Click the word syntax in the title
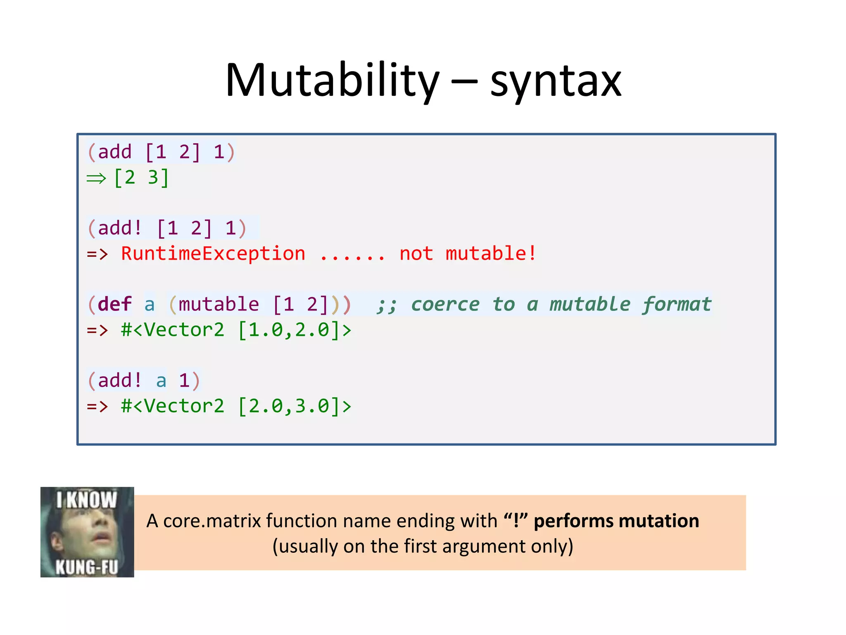coord(556,83)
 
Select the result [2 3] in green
coord(141,178)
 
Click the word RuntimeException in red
coord(213,253)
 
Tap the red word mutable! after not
coord(491,253)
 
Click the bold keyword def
coord(115,304)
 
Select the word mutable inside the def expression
coord(219,304)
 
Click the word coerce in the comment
coord(445,304)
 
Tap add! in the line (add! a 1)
coord(120,380)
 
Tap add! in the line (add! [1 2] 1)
coord(120,228)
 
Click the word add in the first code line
coord(114,152)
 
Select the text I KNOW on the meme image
coord(87,500)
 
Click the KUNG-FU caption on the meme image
coord(87,567)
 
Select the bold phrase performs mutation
coord(616,521)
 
